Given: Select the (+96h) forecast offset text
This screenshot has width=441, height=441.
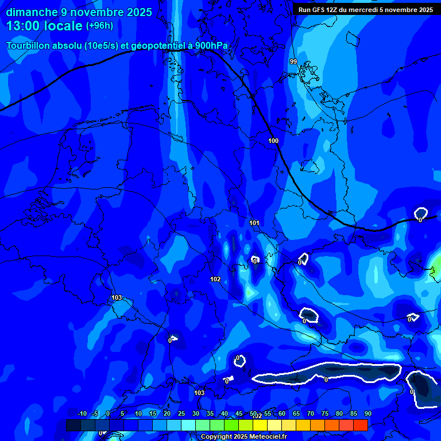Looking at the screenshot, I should tap(100, 26).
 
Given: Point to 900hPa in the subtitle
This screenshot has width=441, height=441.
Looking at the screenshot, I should tap(211, 45).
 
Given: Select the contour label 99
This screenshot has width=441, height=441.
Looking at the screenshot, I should tap(293, 61).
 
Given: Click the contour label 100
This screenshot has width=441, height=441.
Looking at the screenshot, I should tap(273, 141).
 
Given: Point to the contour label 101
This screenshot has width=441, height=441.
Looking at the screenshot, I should tap(255, 223).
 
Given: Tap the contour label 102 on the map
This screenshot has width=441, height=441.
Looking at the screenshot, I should tap(215, 279).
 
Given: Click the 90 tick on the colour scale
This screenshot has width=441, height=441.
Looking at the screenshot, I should tap(367, 413).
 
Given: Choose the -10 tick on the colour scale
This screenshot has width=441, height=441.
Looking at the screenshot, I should tap(82, 413).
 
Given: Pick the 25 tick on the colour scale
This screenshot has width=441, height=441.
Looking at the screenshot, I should tap(181, 413).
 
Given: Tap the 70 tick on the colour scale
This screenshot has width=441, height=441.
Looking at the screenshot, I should tap(310, 413).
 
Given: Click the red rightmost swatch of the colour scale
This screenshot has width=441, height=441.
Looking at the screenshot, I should tap(361, 425).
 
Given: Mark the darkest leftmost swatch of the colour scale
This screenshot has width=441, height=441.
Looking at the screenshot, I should tap(73, 425).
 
